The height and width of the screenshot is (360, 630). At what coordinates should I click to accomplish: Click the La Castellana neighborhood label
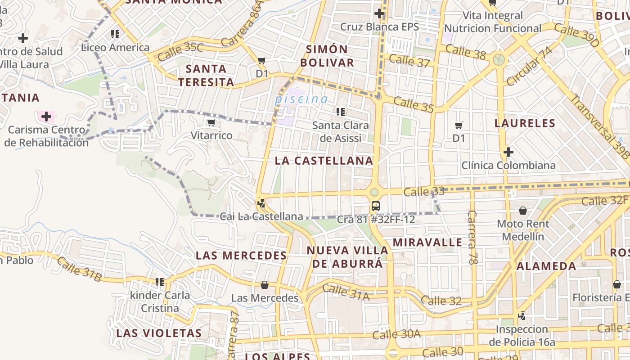[324, 161]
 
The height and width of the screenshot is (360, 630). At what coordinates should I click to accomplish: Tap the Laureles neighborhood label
[525, 123]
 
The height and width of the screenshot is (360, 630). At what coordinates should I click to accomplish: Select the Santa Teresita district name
[206, 76]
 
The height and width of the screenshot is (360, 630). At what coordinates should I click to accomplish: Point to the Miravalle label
[427, 243]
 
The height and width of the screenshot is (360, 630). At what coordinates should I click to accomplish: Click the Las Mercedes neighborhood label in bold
[241, 256]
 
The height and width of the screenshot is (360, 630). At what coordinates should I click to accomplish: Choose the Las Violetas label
[159, 333]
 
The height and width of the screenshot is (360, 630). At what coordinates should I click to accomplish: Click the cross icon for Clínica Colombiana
[508, 152]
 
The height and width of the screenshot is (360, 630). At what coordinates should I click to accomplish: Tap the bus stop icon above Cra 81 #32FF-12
[376, 206]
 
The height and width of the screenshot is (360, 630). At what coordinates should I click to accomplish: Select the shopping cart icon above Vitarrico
[211, 122]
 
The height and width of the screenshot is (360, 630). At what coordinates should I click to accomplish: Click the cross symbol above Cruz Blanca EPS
[379, 13]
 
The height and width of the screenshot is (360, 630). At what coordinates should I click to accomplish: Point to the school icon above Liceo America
[115, 34]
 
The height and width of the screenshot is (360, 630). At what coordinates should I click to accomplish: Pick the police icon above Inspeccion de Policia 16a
[522, 316]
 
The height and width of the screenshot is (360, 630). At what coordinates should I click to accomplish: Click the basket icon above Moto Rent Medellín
[523, 211]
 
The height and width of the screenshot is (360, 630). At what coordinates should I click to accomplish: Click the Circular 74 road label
[529, 66]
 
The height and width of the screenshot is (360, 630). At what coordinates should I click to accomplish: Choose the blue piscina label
[301, 99]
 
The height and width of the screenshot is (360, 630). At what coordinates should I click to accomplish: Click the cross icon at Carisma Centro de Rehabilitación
[46, 117]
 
